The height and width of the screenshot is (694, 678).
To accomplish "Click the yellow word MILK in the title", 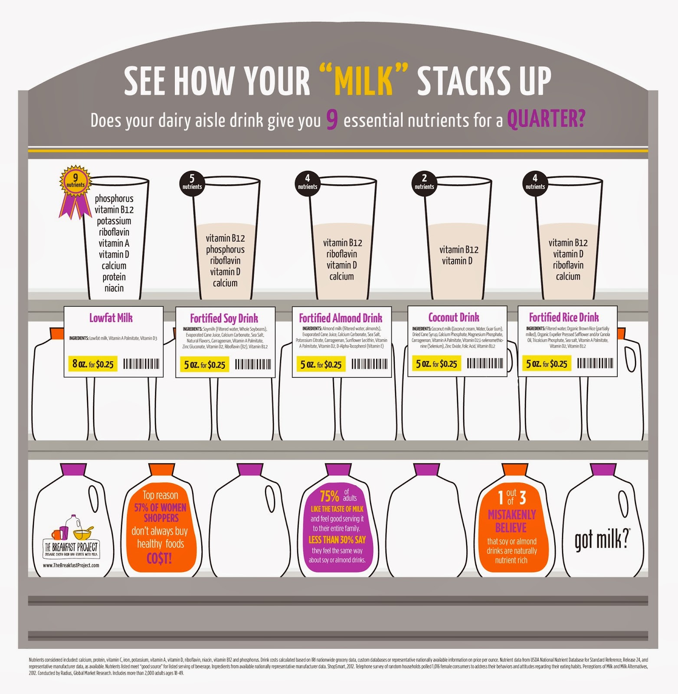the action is coord(364,82).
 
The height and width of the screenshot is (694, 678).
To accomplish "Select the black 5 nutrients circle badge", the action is coord(192,182).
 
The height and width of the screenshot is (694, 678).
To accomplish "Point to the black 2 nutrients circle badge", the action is coord(424,182).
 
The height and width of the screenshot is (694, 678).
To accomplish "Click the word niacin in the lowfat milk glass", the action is coord(114,288).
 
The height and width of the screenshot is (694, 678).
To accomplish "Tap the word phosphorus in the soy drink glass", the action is coord(225,249).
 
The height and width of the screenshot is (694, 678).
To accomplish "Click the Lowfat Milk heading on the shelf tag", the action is coord(111,318).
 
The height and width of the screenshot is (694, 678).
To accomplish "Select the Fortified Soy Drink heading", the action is coord(224,318).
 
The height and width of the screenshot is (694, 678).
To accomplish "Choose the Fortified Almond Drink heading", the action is coord(341,318).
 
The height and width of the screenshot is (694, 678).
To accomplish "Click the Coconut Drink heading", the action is coord(454,317).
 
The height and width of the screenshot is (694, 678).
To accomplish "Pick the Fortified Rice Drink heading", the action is coord(563,317).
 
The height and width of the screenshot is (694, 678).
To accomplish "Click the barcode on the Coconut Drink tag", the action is coord(485,363).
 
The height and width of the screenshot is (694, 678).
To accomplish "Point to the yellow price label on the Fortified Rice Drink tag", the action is coord(547,363).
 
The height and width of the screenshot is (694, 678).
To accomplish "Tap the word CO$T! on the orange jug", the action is coord(159,558).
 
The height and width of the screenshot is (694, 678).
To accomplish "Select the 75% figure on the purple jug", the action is coord(329,496).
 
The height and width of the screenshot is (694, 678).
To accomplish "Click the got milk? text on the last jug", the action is coord(602,540).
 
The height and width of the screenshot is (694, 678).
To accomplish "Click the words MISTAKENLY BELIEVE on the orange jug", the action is coord(511,521).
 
